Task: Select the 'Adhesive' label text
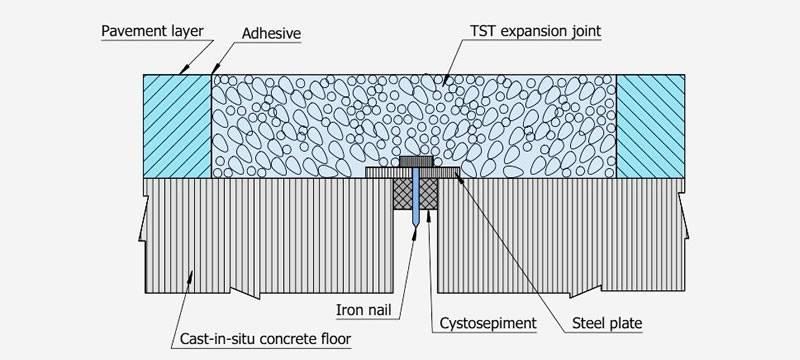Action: coord(272,33)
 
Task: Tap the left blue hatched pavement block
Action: coord(178,124)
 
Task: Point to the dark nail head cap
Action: coord(414,160)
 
